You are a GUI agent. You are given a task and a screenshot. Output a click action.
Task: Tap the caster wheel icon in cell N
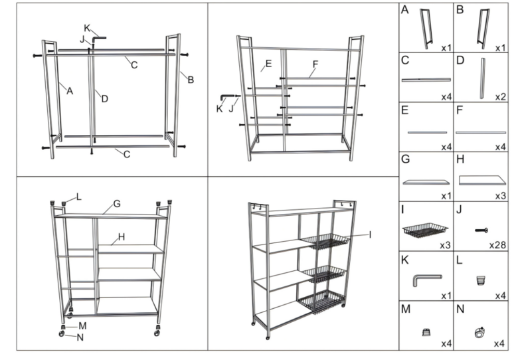click(x=478, y=334)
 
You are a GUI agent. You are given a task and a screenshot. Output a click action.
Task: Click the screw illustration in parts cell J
click(x=481, y=230)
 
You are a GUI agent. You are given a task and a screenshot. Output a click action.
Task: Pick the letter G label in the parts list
click(x=405, y=160)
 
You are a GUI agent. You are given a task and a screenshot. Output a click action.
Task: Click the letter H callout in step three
click(x=122, y=235)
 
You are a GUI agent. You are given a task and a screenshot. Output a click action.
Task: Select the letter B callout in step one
click(x=191, y=80)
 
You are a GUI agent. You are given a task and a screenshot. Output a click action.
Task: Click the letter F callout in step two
click(x=315, y=64)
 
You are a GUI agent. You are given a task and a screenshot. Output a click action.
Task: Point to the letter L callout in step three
click(x=79, y=197)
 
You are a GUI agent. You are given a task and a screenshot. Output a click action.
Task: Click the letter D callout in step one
click(x=104, y=99)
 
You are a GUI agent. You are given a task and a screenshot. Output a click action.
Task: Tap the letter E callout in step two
click(x=268, y=64)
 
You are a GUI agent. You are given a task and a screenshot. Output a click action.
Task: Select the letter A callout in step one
click(x=69, y=91)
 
